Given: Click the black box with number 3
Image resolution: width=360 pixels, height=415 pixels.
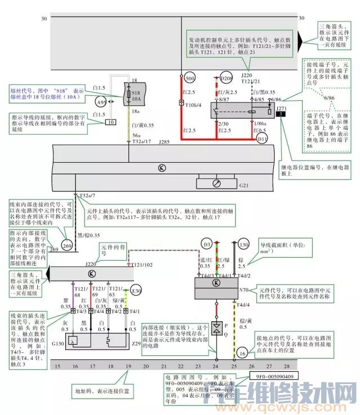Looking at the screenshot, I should coord(280,114).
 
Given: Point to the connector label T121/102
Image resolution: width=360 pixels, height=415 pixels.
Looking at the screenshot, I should coord(142,265).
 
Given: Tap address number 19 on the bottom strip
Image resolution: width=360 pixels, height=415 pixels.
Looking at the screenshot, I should coord(129,367).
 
